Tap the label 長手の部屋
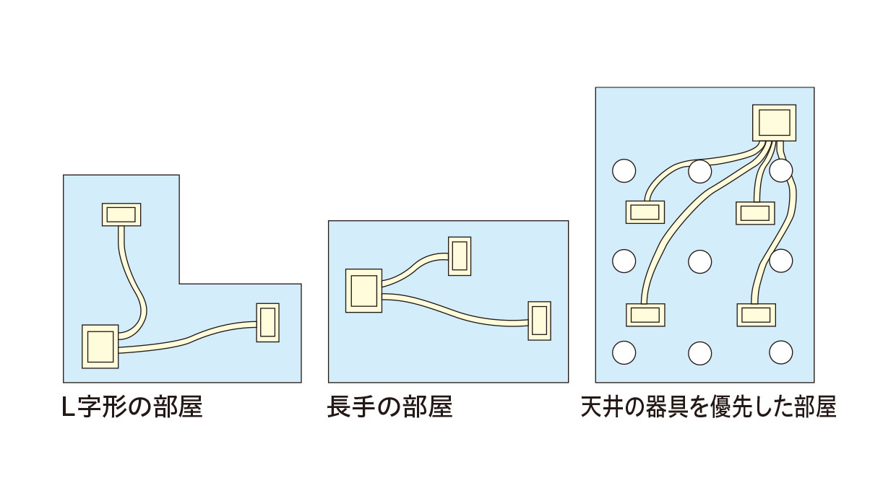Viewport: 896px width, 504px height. pyautogui.click(x=389, y=408)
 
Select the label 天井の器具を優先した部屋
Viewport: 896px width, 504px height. pyautogui.click(x=708, y=408)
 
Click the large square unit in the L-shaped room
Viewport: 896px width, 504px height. pyautogui.click(x=100, y=347)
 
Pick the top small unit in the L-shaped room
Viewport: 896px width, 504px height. pyautogui.click(x=121, y=214)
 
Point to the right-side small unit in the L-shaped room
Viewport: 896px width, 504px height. pyautogui.click(x=267, y=322)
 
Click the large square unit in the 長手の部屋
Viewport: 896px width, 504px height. pyautogui.click(x=363, y=290)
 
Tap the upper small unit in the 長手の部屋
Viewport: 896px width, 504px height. pyautogui.click(x=460, y=256)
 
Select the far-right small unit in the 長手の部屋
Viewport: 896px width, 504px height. pyautogui.click(x=539, y=321)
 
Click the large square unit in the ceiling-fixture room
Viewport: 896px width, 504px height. pyautogui.click(x=775, y=123)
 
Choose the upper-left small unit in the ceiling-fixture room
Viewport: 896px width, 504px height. pyautogui.click(x=645, y=212)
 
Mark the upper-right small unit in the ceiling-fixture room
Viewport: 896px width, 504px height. pyautogui.click(x=755, y=213)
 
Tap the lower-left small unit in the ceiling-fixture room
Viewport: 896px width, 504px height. pyautogui.click(x=645, y=315)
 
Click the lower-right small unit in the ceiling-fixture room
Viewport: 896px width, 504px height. pyautogui.click(x=756, y=315)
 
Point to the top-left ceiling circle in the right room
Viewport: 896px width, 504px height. pyautogui.click(x=624, y=171)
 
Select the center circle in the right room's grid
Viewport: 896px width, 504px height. pyautogui.click(x=699, y=261)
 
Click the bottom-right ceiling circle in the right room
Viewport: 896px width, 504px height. pyautogui.click(x=781, y=352)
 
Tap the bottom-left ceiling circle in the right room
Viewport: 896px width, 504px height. pyautogui.click(x=624, y=352)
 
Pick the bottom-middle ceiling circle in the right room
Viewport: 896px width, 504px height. pyautogui.click(x=699, y=353)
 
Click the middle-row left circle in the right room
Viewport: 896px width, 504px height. pyautogui.click(x=624, y=261)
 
